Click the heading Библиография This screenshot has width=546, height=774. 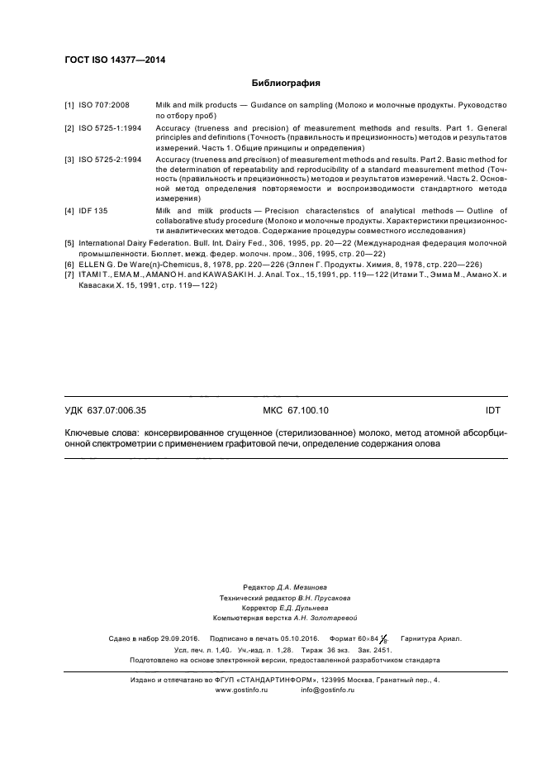[285, 84]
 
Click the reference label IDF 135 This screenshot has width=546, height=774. [93, 212]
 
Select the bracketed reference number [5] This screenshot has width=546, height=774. [69, 244]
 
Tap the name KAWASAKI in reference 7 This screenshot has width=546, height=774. [208, 275]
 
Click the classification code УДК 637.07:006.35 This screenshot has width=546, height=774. [105, 410]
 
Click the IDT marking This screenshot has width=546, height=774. [492, 410]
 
